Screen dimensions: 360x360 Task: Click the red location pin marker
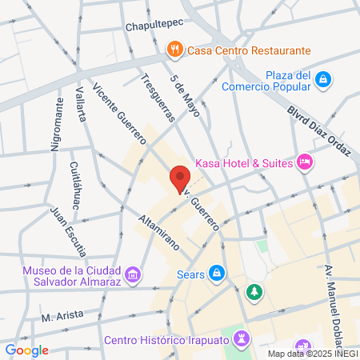[x=179, y=179]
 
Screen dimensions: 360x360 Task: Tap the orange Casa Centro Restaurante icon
[x=174, y=50]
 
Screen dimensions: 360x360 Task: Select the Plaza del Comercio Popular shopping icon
[x=322, y=79]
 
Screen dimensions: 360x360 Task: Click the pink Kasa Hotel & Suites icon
[x=304, y=163]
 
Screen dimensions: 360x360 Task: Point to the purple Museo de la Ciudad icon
[x=133, y=276]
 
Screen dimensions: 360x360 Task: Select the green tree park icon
[x=254, y=292]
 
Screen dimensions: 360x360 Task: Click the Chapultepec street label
[x=154, y=26]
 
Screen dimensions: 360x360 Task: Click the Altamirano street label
[x=158, y=233]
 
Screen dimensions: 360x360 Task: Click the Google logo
[x=26, y=350]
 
